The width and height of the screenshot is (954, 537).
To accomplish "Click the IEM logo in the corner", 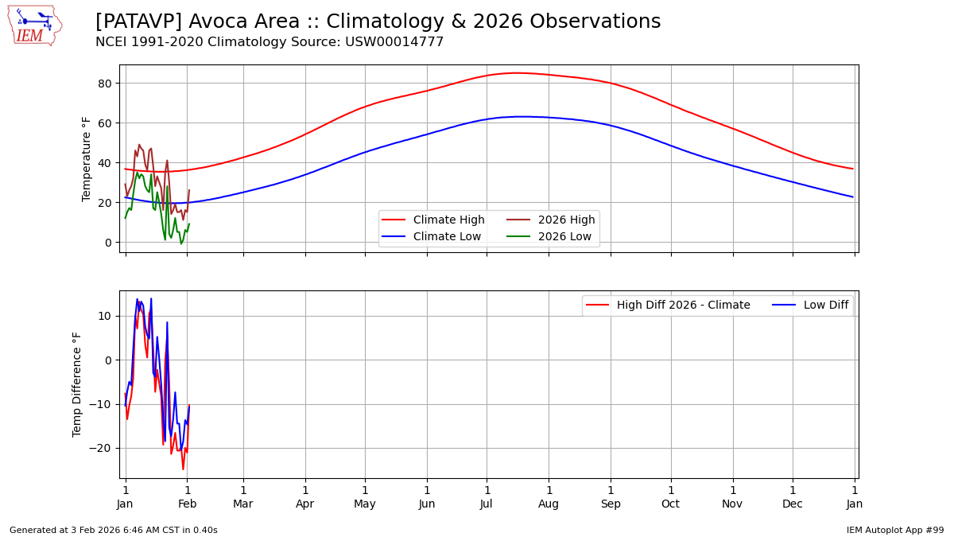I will [x=34, y=25].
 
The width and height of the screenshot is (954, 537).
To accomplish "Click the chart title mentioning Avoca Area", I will [x=378, y=21].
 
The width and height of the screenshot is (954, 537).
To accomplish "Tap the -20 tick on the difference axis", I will [x=102, y=449].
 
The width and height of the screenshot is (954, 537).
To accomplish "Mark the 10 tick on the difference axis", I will [x=105, y=317].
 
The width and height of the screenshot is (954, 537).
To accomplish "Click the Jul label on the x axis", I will [x=487, y=504].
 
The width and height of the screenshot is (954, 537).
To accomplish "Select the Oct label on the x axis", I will [x=671, y=504].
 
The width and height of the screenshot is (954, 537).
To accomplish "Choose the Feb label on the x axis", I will [x=187, y=504].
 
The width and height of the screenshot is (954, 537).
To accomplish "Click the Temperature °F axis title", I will [x=87, y=159].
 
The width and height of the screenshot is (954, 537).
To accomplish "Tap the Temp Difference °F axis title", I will [x=77, y=384].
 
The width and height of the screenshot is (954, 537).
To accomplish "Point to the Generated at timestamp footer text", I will [x=114, y=530].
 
